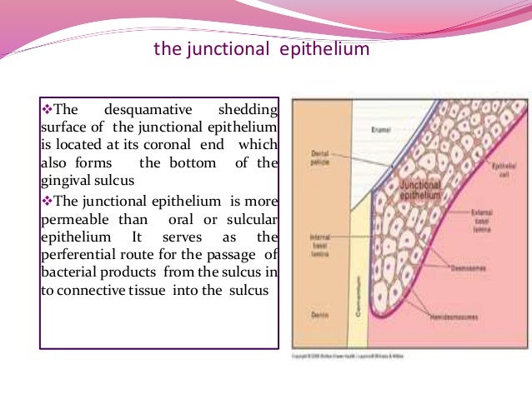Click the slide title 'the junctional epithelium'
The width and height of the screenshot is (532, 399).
[x=262, y=51]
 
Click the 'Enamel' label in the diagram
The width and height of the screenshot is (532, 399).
[x=382, y=131]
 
